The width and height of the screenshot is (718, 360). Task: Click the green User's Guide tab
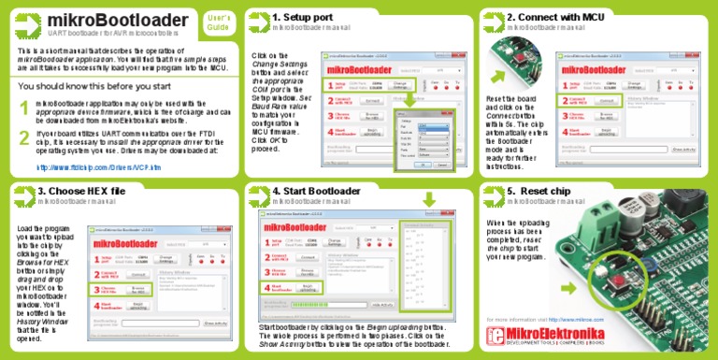tap(218, 22)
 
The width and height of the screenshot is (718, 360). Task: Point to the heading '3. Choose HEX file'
tap(80, 191)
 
